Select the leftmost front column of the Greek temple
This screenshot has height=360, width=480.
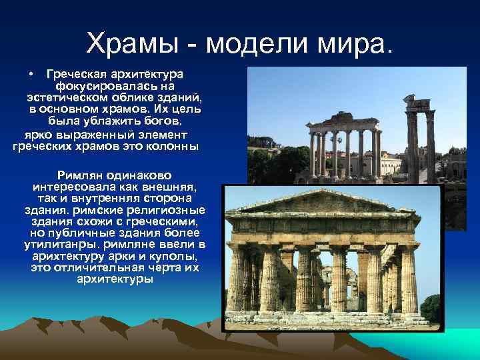237,277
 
